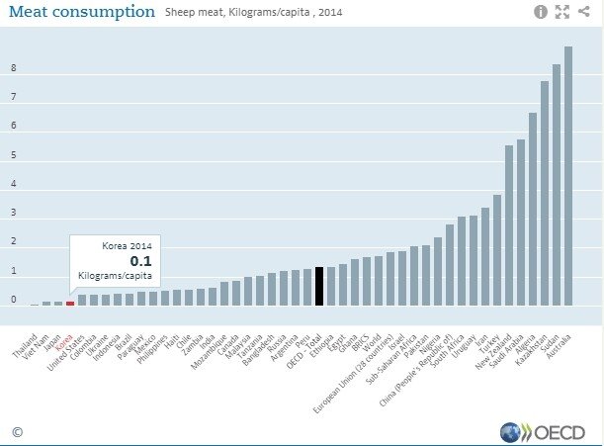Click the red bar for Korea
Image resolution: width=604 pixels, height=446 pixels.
click(70, 303)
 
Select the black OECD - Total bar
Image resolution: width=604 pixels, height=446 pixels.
click(319, 286)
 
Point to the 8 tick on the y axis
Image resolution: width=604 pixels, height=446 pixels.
click(13, 68)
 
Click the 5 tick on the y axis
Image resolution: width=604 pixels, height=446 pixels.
click(13, 155)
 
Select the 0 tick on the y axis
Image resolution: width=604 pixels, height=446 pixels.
click(13, 300)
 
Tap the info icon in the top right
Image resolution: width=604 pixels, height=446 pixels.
click(541, 12)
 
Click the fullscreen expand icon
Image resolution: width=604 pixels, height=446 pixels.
click(562, 12)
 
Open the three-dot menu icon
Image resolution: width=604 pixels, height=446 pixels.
click(585, 12)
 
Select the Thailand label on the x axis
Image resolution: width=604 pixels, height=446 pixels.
click(25, 326)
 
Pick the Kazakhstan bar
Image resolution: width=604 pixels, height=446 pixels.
click(545, 193)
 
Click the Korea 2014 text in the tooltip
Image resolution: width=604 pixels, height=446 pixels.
click(128, 244)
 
